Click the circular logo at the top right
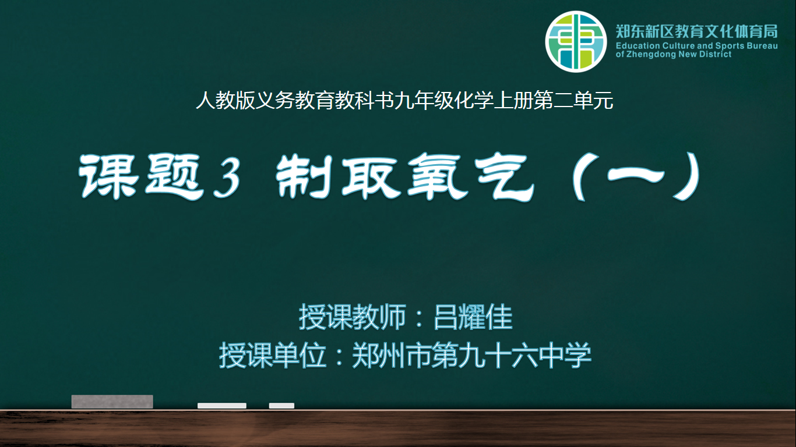point(576,41)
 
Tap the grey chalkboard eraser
point(112,402)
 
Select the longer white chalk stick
point(222,406)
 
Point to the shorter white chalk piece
point(281,406)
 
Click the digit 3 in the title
point(227,178)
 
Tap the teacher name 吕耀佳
point(473,317)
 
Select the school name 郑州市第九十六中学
point(471,355)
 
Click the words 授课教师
point(352,317)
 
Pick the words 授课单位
point(273,355)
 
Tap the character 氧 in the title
point(438,176)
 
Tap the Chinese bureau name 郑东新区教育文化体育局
point(696,31)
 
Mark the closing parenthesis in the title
point(688,176)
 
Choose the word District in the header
point(716,54)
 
